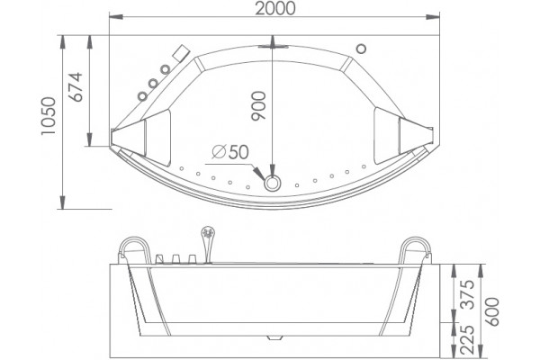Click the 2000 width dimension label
[x=275, y=8]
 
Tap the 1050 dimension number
[x=49, y=116]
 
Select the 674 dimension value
[x=76, y=86]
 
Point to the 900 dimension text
[x=259, y=106]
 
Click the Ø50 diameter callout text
[x=230, y=151]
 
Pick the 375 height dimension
[x=468, y=294]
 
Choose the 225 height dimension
[x=468, y=340]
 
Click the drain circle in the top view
[x=273, y=184]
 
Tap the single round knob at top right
[x=361, y=49]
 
